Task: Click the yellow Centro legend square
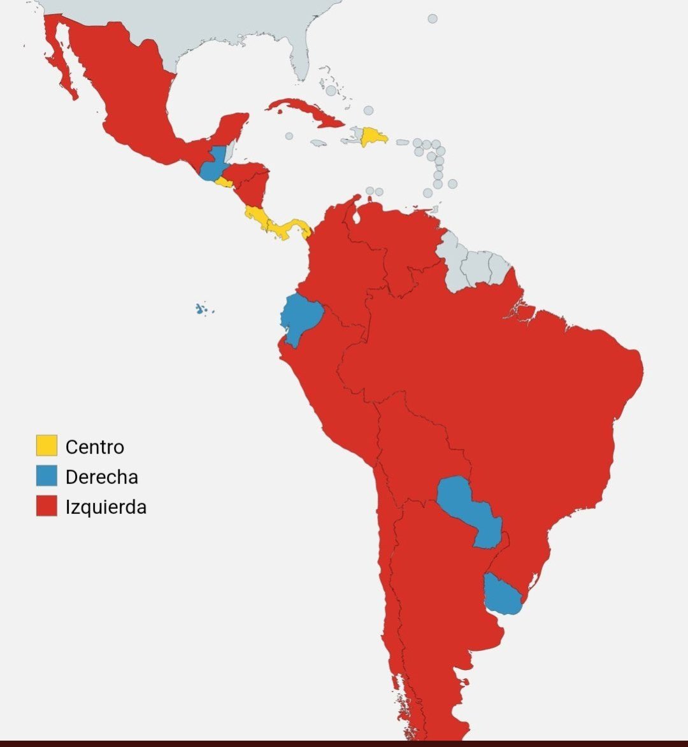(47, 445)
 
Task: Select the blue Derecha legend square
(47, 476)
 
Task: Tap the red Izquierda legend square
(47, 506)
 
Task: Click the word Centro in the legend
(94, 447)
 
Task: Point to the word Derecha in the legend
(101, 477)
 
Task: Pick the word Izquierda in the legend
(106, 507)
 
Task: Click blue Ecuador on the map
(301, 318)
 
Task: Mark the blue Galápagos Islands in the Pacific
(202, 309)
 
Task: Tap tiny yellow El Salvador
(223, 182)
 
